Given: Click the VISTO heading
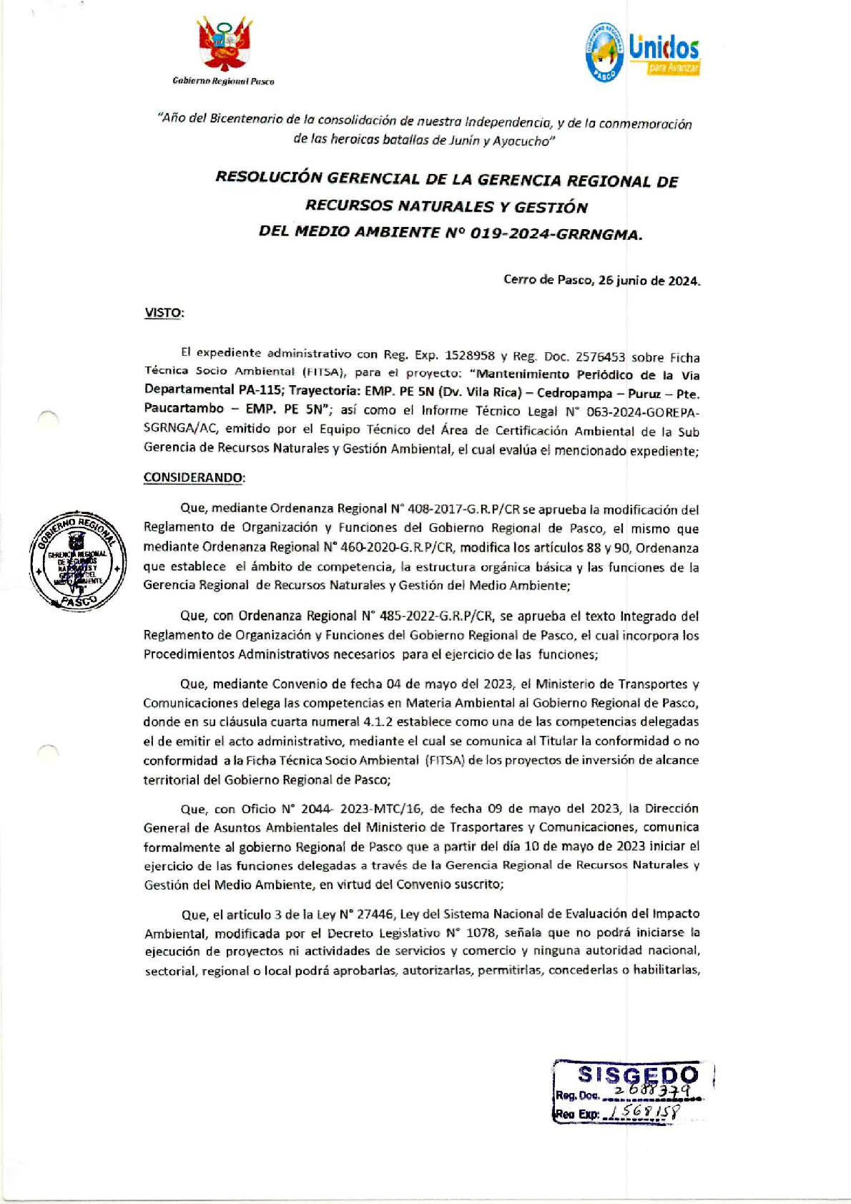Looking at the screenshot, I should click(164, 313).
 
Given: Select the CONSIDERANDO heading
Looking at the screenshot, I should click(194, 477).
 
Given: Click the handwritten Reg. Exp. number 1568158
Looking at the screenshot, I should click(641, 1112).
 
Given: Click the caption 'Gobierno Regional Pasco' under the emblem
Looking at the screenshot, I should click(223, 82).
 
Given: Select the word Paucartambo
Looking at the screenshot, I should click(184, 409).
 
